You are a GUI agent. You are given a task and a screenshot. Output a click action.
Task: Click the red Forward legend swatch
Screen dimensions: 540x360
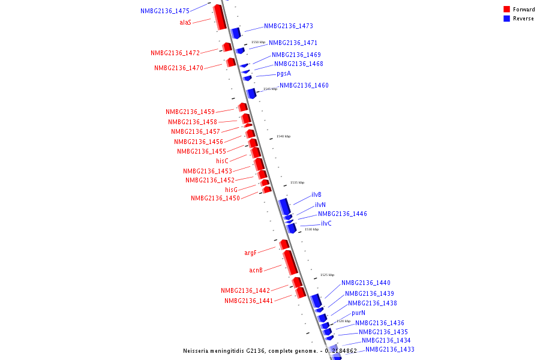pyautogui.click(x=507, y=10)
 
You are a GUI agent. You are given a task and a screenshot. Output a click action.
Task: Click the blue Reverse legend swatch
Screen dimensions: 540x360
pyautogui.click(x=507, y=19)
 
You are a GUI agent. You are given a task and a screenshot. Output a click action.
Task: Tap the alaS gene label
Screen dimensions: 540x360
pyautogui.click(x=185, y=22)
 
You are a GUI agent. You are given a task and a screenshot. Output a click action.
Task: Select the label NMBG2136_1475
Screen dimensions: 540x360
pyautogui.click(x=165, y=11)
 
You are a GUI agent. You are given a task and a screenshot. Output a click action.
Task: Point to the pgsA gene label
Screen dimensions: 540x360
pyautogui.click(x=284, y=74)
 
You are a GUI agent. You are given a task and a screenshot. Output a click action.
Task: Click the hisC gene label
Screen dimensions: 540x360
pyautogui.click(x=222, y=161)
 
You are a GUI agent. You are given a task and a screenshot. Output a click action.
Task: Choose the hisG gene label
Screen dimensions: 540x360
pyautogui.click(x=232, y=190)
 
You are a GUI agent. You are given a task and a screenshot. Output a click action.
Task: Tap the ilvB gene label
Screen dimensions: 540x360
pyautogui.click(x=316, y=195)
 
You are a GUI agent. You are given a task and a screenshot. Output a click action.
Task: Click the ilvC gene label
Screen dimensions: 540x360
pyautogui.click(x=326, y=224)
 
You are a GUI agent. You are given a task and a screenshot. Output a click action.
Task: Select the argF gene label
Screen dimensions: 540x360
pyautogui.click(x=250, y=253)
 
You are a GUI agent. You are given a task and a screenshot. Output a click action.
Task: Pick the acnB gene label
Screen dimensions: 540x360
pyautogui.click(x=256, y=270)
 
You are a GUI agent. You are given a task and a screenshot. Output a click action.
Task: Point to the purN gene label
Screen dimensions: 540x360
pyautogui.click(x=358, y=313)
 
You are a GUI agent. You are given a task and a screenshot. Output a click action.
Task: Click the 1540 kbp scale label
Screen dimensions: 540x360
pyautogui.click(x=283, y=137)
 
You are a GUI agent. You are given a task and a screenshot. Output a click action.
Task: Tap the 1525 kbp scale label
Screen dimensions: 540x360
pyautogui.click(x=327, y=275)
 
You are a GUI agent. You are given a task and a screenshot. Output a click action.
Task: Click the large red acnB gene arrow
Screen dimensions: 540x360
pyautogui.click(x=290, y=263)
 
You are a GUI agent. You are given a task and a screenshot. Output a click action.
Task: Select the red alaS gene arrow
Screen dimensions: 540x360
pyautogui.click(x=220, y=17)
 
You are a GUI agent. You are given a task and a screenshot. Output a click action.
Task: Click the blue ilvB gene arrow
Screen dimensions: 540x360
pyautogui.click(x=284, y=206)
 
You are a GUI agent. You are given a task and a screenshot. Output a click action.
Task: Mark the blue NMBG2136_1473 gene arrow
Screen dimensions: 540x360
pyautogui.click(x=236, y=32)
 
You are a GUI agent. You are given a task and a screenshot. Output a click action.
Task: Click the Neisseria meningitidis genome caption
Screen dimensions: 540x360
pyautogui.click(x=269, y=351)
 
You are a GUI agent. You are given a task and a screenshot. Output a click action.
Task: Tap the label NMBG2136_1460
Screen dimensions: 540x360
pyautogui.click(x=304, y=86)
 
